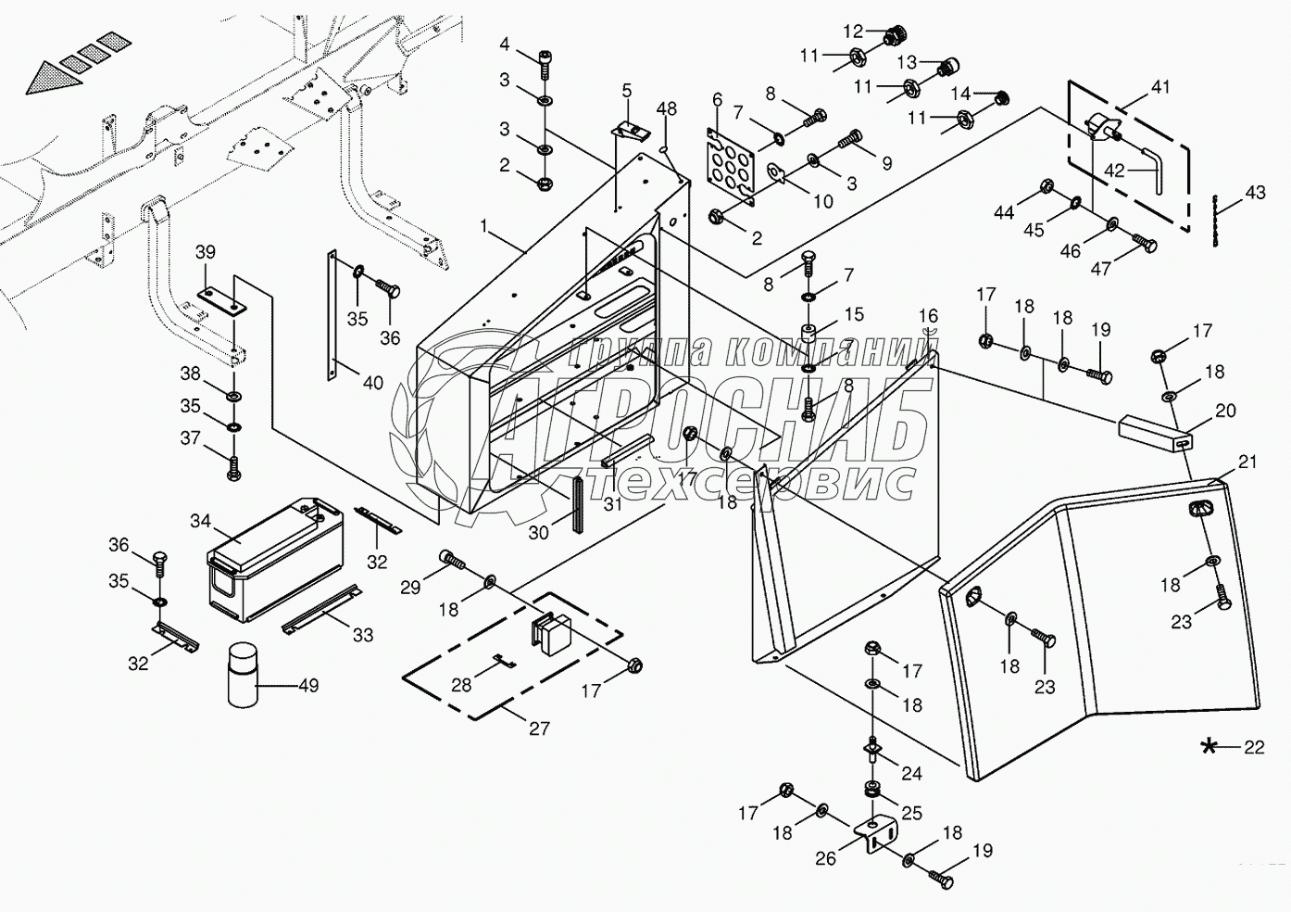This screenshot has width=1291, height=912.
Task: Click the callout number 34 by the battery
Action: [x=201, y=521]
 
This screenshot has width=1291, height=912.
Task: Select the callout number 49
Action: [x=308, y=686]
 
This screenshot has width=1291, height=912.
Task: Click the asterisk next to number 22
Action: [x=1210, y=747]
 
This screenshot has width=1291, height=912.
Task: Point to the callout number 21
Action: [x=1247, y=462]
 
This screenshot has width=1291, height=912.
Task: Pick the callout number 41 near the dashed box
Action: [x=1160, y=87]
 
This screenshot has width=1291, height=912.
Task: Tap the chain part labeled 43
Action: [x=1216, y=220]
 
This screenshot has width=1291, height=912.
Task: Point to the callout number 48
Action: [x=667, y=108]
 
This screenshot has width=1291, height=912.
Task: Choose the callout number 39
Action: [x=205, y=252]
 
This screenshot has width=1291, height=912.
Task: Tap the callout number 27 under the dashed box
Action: [x=538, y=728]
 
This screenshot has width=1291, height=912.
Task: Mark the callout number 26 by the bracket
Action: [x=825, y=858]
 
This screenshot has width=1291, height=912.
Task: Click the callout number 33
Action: [x=363, y=635]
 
